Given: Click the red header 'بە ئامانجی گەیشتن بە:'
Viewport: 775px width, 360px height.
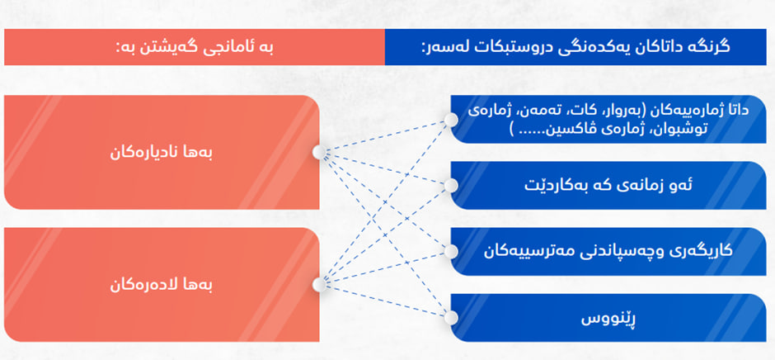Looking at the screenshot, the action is [195, 47].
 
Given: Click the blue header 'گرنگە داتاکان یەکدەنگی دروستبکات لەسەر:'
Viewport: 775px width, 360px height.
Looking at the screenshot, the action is [575, 47].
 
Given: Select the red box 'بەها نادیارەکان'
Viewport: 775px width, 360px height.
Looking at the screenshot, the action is [162, 152].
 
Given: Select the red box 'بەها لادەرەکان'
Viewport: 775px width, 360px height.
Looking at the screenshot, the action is [162, 285].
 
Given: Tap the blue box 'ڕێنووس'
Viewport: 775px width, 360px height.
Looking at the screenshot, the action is [608, 318].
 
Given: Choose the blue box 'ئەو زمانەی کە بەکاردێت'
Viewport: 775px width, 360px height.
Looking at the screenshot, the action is [608, 185].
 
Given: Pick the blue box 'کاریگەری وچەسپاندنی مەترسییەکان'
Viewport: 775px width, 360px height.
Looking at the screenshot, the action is [608, 252].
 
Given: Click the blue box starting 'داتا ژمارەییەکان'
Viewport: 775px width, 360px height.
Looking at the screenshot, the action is [608, 120].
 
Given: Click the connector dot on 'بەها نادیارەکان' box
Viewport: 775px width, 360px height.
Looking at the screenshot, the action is [319, 152].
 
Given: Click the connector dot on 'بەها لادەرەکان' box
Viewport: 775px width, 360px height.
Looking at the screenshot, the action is [319, 285].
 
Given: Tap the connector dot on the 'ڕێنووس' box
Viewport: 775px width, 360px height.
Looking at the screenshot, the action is [451, 318].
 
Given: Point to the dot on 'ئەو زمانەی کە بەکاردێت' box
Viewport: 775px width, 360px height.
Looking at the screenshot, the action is [451, 185].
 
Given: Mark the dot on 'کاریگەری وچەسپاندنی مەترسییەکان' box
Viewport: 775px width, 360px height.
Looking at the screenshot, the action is [451, 252].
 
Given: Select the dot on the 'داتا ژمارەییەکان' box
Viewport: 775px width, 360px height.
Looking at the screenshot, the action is [451, 120].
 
